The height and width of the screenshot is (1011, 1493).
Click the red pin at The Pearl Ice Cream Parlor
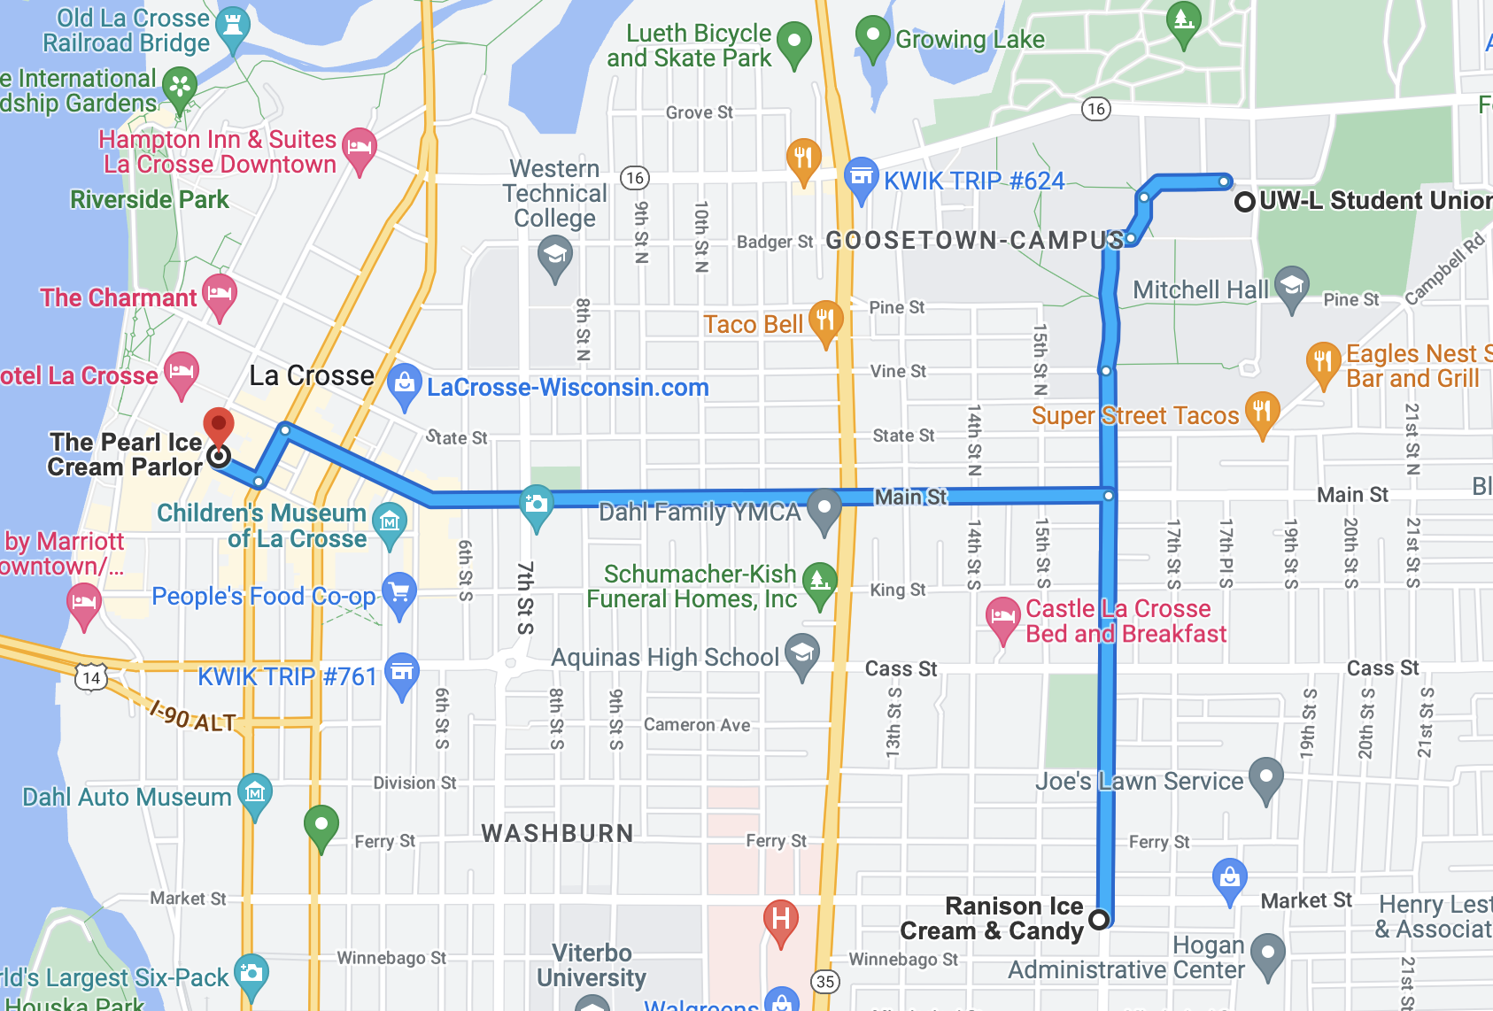click(x=219, y=425)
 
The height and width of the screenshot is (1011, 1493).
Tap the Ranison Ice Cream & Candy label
click(x=992, y=918)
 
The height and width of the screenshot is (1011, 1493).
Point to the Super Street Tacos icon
click(x=1262, y=411)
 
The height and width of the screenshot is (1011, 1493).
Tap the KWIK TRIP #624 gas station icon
click(x=861, y=176)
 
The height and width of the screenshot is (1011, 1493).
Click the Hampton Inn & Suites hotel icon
click(x=359, y=146)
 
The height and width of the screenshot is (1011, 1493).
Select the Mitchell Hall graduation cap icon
click(x=1292, y=285)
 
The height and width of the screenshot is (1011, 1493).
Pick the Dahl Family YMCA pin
click(x=824, y=507)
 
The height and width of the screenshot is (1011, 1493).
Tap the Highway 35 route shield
click(x=825, y=981)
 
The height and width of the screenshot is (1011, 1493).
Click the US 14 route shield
click(x=90, y=678)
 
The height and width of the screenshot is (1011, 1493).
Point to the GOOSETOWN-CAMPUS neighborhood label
click(x=974, y=240)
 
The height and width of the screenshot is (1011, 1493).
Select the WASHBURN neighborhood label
click(x=557, y=833)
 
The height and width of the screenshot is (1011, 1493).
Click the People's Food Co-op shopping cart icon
click(x=399, y=591)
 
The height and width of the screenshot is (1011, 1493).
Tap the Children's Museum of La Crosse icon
click(x=390, y=521)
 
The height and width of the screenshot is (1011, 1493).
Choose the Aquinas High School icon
click(x=802, y=653)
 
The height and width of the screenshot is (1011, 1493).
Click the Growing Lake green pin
click(x=872, y=35)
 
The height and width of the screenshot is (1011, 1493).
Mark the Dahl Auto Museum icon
click(x=255, y=793)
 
